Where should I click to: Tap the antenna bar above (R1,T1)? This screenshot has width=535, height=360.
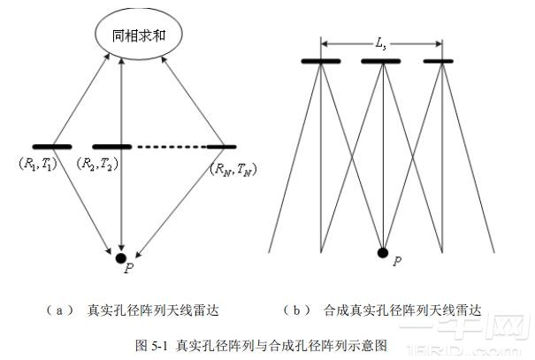(52, 146)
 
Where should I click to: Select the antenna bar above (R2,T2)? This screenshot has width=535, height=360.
(111, 146)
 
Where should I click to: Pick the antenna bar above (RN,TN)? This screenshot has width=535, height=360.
(221, 146)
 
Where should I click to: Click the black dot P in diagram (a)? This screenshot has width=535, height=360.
(120, 257)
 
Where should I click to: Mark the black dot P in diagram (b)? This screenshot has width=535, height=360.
(382, 253)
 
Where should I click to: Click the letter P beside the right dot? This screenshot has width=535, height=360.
(397, 261)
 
